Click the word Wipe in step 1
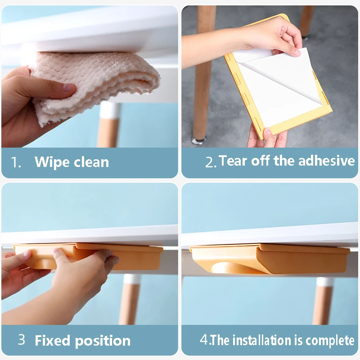coord(52,162)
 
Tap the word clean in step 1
coord(91,162)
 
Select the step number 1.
coord(16,162)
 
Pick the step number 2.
coord(211,162)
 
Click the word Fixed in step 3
coord(52,340)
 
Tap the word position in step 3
coord(103,341)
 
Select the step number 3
coord(21,340)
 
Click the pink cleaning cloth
coord(92,83)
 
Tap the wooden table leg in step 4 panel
coord(323,301)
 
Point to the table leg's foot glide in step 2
coord(199,140)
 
